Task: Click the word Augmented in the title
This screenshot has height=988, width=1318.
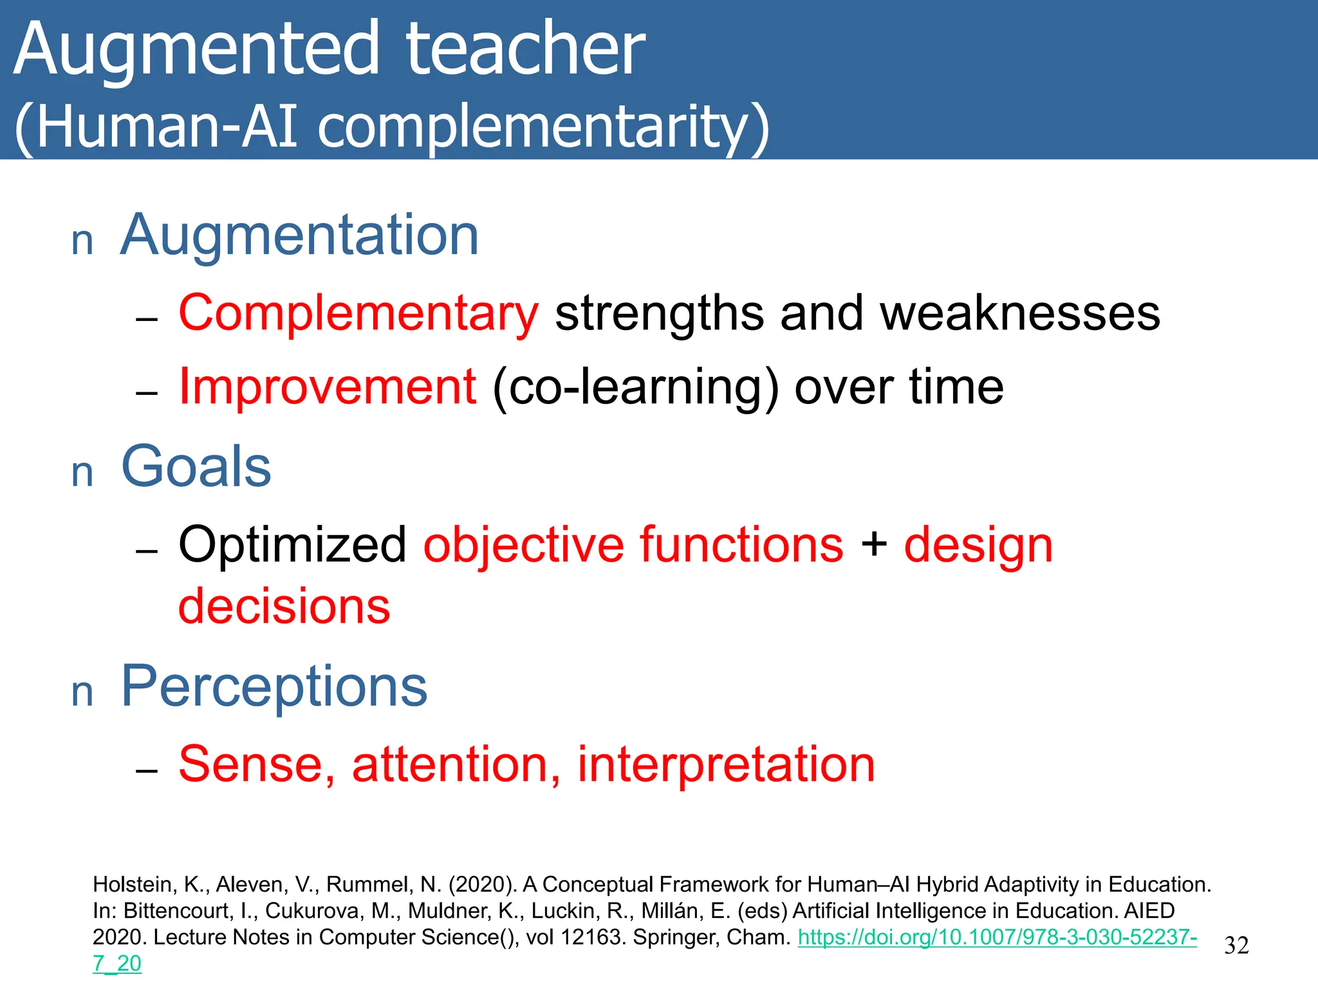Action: (x=196, y=50)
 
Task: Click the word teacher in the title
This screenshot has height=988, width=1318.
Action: (x=524, y=50)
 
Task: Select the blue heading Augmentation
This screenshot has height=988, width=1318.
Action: (x=299, y=235)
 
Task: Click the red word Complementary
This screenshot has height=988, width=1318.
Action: (x=358, y=313)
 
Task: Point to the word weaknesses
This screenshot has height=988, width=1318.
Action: (x=1020, y=313)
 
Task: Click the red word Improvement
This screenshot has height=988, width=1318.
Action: (x=327, y=387)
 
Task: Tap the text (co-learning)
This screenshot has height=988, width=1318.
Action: (x=635, y=388)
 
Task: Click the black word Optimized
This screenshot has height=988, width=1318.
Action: (x=292, y=545)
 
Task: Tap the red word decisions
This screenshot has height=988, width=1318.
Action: (x=284, y=607)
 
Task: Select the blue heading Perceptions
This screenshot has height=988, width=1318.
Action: (x=274, y=686)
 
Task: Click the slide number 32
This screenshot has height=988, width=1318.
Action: (x=1236, y=946)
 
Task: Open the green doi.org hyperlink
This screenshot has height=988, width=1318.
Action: (x=997, y=937)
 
